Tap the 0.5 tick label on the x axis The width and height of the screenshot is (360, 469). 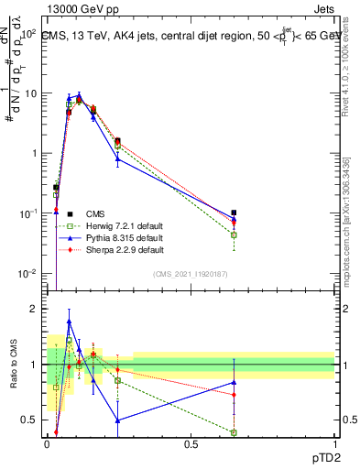point(191,443)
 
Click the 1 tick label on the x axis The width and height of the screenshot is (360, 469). point(334,443)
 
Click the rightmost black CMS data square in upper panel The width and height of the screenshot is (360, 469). point(234,213)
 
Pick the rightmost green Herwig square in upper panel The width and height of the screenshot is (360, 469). point(234,235)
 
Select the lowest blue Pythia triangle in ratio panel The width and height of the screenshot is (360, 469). point(117,420)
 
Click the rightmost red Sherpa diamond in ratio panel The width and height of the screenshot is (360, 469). point(234,395)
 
